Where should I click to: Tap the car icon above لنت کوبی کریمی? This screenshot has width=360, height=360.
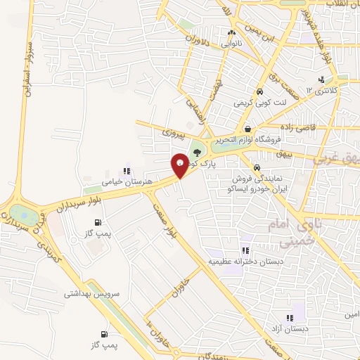click(x=259, y=92)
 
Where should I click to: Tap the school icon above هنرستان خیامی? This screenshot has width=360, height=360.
click(x=127, y=170)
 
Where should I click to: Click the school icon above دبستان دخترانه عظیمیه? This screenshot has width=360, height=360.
click(x=245, y=251)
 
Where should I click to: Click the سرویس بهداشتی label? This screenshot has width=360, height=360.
click(x=92, y=295)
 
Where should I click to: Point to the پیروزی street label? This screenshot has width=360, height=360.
click(x=172, y=131)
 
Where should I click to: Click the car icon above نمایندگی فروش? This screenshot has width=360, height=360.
click(x=258, y=167)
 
